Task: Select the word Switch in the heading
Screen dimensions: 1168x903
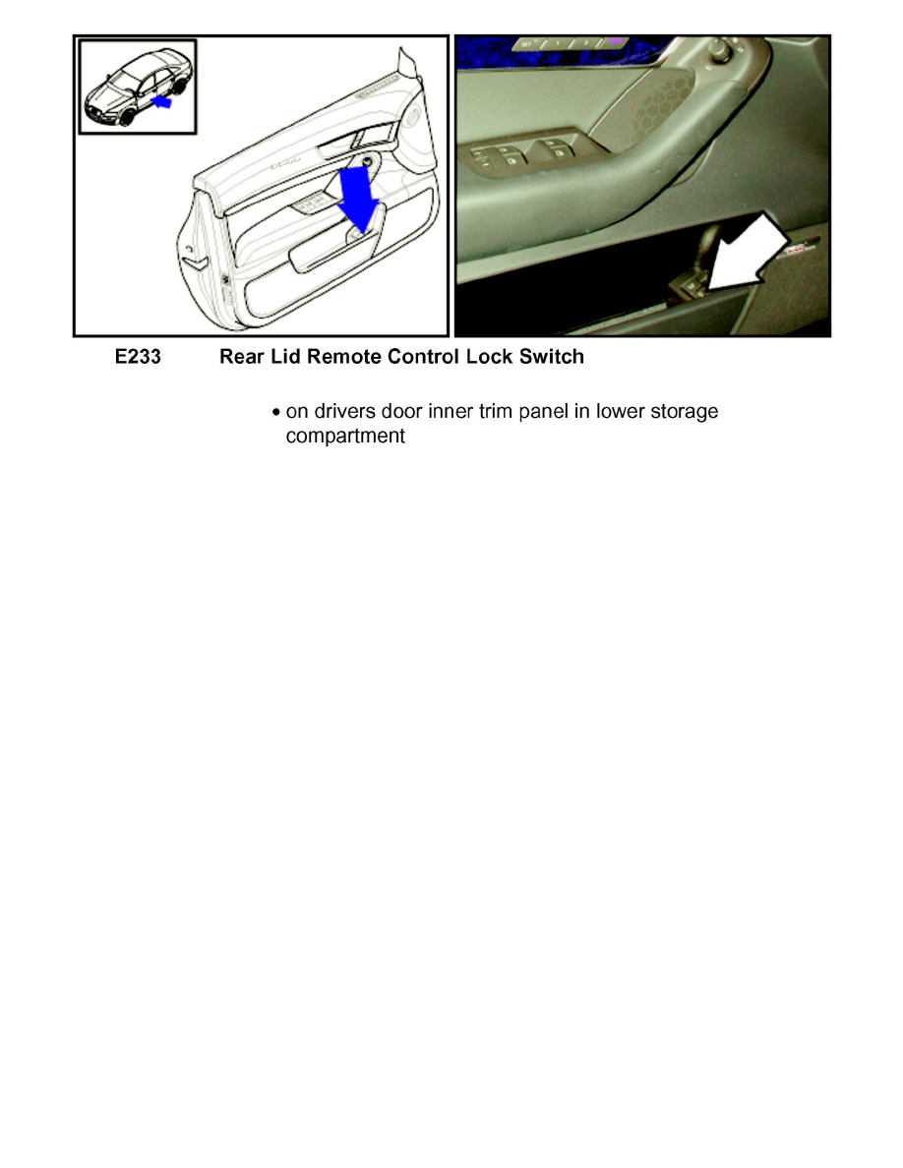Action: (x=554, y=357)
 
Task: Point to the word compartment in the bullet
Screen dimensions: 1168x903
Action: (x=344, y=436)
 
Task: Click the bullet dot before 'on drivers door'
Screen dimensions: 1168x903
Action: (x=276, y=412)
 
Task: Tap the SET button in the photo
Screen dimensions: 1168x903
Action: (x=526, y=44)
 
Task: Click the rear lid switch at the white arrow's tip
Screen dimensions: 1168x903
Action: (x=688, y=286)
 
